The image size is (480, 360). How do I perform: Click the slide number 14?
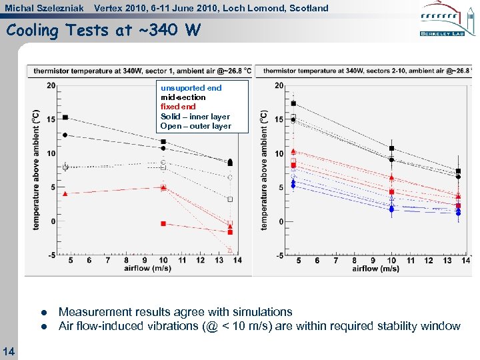click(x=9, y=351)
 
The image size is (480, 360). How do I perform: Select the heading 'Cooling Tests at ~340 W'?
click(x=103, y=31)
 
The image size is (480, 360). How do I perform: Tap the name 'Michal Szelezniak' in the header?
click(x=44, y=8)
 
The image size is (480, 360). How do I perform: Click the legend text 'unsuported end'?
click(x=191, y=87)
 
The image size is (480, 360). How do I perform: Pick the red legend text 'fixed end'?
click(x=178, y=107)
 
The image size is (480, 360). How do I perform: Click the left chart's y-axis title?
click(x=35, y=170)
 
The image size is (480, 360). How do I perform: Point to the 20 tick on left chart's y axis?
click(x=51, y=85)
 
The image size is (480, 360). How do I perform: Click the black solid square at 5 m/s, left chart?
click(x=65, y=117)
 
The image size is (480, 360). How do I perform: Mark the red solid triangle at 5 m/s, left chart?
click(x=65, y=193)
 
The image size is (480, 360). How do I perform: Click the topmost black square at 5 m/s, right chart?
click(x=293, y=103)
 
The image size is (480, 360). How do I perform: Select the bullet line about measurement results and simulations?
click(x=175, y=311)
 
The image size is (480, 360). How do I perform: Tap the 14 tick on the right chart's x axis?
click(x=465, y=261)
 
